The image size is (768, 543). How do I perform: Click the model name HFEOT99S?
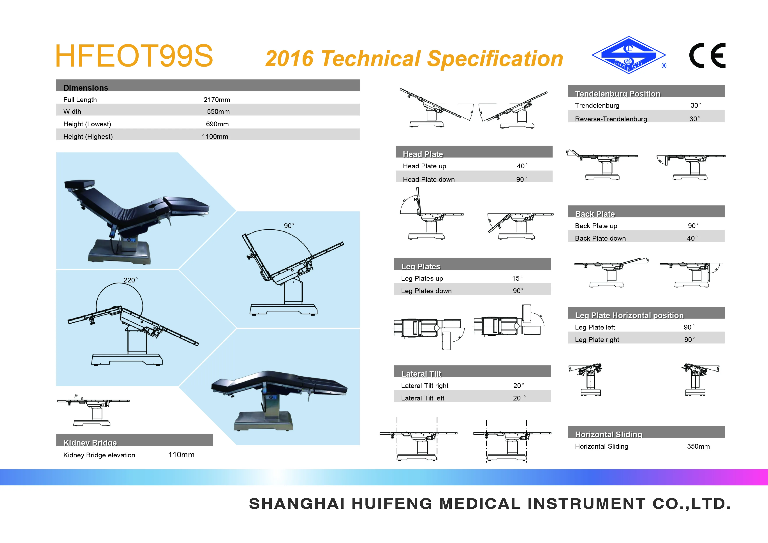[x=134, y=56]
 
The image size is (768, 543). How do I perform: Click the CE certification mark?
[x=707, y=56]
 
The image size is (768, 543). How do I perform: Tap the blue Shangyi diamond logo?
[x=629, y=55]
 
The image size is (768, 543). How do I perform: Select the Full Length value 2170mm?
[x=217, y=100]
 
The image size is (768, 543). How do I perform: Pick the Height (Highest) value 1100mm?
[x=215, y=136]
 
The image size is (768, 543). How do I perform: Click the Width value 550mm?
[x=218, y=111]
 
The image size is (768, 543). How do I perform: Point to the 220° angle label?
[x=130, y=280]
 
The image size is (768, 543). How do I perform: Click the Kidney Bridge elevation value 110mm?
[x=181, y=455]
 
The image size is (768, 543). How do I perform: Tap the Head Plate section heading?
[x=423, y=154]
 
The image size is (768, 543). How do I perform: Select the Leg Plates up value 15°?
[x=517, y=278]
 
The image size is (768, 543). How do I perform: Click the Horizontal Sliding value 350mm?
[x=698, y=446]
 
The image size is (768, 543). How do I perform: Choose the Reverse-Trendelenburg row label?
[x=611, y=119]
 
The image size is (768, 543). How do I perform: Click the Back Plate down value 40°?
[x=692, y=238]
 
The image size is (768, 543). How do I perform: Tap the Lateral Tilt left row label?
[x=423, y=398]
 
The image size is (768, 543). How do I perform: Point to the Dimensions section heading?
[x=86, y=88]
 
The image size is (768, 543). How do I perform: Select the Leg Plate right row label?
[x=597, y=340]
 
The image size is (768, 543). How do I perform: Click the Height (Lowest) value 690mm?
[x=217, y=124]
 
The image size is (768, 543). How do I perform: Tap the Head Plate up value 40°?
[x=522, y=166]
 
